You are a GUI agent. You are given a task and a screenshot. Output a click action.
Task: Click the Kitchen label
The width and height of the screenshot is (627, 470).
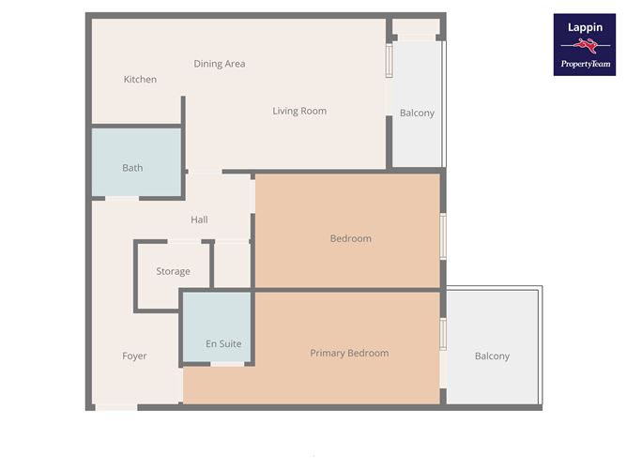(140, 80)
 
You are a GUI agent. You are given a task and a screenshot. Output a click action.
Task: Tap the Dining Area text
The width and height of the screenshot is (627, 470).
(220, 64)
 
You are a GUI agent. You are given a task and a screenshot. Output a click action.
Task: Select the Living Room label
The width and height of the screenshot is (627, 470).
(299, 111)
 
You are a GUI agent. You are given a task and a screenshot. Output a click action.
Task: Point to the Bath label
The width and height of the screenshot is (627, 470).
(132, 168)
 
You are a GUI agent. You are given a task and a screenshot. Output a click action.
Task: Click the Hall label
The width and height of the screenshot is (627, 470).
(199, 220)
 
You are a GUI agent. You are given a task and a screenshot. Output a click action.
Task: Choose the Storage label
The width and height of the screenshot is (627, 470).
(173, 271)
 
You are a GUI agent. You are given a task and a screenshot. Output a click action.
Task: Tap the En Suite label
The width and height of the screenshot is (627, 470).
(223, 343)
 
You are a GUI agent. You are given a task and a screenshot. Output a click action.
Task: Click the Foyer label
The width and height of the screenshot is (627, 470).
(134, 356)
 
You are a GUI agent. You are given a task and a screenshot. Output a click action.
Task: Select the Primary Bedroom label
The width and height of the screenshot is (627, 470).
(349, 353)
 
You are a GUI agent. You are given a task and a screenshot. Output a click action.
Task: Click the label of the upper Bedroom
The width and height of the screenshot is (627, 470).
(350, 238)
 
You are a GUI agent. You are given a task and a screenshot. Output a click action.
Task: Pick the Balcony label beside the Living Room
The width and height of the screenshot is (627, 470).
(417, 113)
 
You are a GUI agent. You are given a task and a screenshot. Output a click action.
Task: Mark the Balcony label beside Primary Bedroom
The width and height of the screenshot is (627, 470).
(492, 356)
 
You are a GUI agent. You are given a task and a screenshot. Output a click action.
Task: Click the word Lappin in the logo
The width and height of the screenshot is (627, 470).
(584, 28)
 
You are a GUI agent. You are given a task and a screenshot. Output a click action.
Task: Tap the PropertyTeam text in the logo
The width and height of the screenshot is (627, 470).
(585, 64)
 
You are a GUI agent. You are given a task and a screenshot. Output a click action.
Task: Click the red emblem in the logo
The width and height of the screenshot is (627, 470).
(585, 46)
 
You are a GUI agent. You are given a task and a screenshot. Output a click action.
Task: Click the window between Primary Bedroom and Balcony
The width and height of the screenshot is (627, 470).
(442, 334)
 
